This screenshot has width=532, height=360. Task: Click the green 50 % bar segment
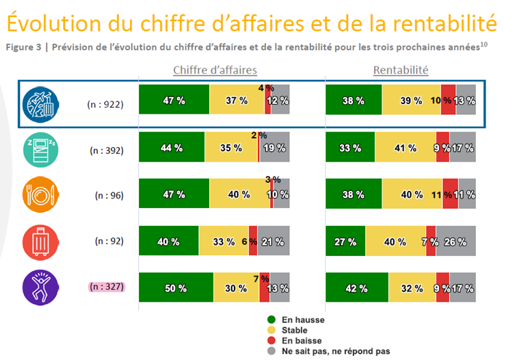pyautogui.click(x=176, y=288)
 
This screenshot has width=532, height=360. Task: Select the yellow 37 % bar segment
pyautogui.click(x=237, y=101)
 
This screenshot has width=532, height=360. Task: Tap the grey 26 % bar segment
pyautogui.click(x=456, y=242)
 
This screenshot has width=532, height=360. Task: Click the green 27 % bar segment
pyautogui.click(x=345, y=242)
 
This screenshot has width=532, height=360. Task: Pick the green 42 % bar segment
pyautogui.click(x=357, y=288)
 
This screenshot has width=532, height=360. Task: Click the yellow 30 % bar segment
pyautogui.click(x=237, y=288)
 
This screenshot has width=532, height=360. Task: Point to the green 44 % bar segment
pyautogui.click(x=172, y=147)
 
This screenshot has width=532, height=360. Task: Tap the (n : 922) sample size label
pyautogui.click(x=105, y=104)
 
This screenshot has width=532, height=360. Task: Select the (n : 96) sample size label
pyautogui.click(x=109, y=194)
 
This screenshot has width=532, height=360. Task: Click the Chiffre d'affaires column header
pyautogui.click(x=214, y=70)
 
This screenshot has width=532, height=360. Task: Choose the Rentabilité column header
pyautogui.click(x=401, y=70)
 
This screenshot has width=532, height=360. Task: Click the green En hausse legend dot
pyautogui.click(x=271, y=320)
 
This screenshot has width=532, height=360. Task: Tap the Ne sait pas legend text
pyautogui.click(x=336, y=350)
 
